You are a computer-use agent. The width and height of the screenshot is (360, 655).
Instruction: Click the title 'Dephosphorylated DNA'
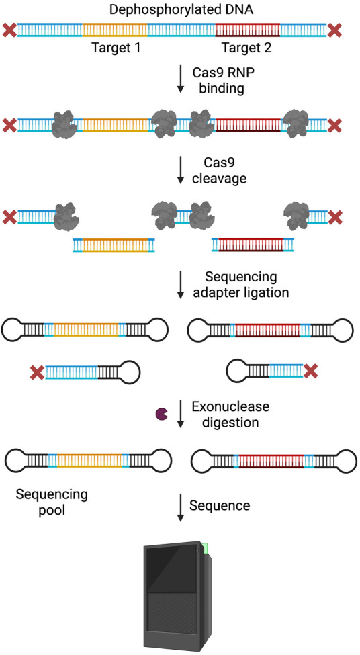pyautogui.click(x=181, y=9)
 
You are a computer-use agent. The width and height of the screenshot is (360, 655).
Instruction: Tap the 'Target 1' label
pyautogui.click(x=116, y=48)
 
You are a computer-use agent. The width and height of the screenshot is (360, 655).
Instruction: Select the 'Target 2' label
pyautogui.click(x=246, y=48)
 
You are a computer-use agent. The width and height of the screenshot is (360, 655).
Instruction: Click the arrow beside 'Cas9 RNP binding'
pyautogui.click(x=181, y=79)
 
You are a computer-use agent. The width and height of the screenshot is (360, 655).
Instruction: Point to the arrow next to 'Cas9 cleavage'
pyautogui.click(x=181, y=170)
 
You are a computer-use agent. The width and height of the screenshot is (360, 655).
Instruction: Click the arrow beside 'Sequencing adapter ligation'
pyautogui.click(x=181, y=285)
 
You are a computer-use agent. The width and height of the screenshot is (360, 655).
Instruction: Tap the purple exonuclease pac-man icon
pyautogui.click(x=162, y=414)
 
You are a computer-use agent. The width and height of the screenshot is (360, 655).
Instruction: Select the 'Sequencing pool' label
pyautogui.click(x=52, y=503)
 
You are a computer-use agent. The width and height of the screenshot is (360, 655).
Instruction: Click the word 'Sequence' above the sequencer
pyautogui.click(x=220, y=505)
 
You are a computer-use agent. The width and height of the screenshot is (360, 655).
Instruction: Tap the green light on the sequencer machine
pyautogui.click(x=205, y=548)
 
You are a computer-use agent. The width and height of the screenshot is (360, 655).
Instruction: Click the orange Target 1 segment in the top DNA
pyautogui.click(x=116, y=30)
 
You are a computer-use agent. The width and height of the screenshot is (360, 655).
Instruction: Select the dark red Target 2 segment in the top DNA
pyautogui.click(x=248, y=30)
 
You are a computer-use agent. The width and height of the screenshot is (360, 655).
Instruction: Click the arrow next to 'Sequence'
pyautogui.click(x=181, y=508)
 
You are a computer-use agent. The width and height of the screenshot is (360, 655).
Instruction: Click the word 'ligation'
pyautogui.click(x=265, y=292)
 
